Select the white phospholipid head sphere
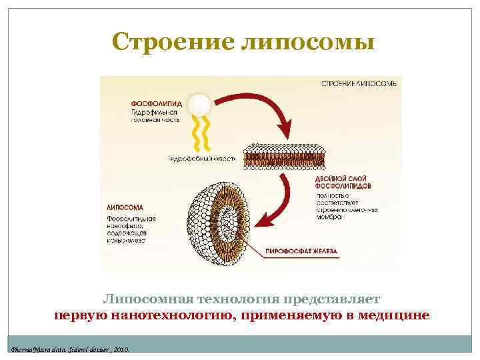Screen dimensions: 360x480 click(200, 104)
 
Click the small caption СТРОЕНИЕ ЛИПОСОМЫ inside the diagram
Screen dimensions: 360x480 click(361, 84)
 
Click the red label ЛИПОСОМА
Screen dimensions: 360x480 click(125, 206)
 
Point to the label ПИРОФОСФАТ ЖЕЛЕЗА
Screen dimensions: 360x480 click(306, 251)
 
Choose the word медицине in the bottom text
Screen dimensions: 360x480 click(396, 315)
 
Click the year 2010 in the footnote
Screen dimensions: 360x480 click(120, 349)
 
